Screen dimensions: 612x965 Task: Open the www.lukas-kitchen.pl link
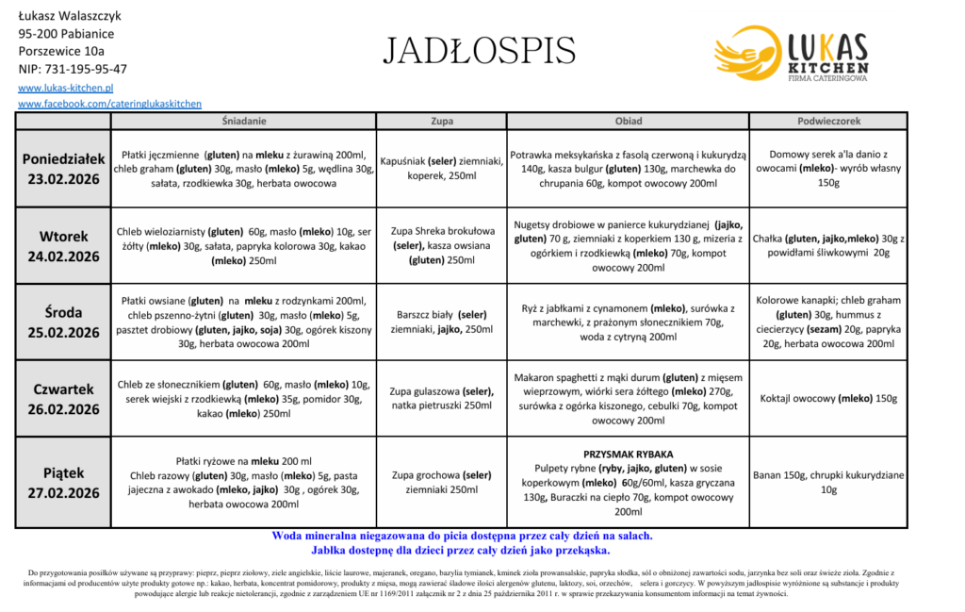click(x=66, y=87)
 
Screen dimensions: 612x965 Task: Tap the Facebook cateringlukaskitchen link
click(x=109, y=104)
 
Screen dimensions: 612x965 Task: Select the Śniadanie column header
click(x=243, y=121)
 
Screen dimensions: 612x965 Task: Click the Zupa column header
click(x=441, y=121)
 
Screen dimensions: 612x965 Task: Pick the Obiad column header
click(x=628, y=121)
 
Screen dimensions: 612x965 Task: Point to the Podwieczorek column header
click(x=828, y=121)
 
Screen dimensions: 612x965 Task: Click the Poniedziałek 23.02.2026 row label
click(x=63, y=168)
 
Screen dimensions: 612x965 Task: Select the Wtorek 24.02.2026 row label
click(x=63, y=245)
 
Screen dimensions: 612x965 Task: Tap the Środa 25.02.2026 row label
click(x=63, y=322)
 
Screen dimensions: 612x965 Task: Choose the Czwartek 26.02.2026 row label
click(x=63, y=398)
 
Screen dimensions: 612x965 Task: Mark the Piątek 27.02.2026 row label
click(x=63, y=482)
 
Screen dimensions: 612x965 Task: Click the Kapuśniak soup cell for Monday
click(x=441, y=168)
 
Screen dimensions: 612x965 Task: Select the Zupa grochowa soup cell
click(x=441, y=482)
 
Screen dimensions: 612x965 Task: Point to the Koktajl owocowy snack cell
click(x=828, y=398)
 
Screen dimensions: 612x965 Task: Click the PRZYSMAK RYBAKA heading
click(x=628, y=454)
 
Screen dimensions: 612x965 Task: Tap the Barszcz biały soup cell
click(x=441, y=321)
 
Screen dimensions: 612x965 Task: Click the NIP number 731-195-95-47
click(x=73, y=69)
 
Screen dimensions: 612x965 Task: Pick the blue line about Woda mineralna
click(x=462, y=536)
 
